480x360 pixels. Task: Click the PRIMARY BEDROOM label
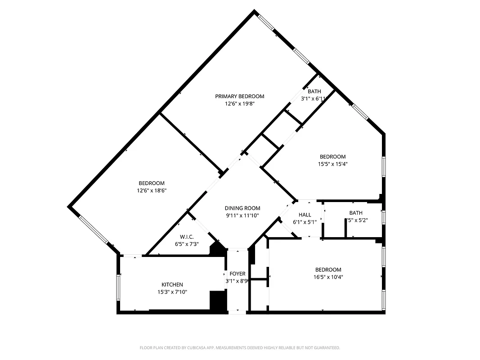tap(239, 96)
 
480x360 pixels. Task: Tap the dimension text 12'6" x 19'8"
tap(239, 103)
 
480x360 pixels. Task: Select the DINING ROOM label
tap(242, 208)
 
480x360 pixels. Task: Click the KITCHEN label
tap(172, 285)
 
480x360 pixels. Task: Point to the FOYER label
tap(238, 274)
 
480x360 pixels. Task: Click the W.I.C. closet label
tap(186, 237)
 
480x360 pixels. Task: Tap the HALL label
tap(305, 215)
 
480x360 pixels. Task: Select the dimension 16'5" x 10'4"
tap(328, 277)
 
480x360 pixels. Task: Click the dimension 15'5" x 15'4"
tap(332, 164)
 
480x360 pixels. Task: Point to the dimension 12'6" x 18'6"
tap(151, 190)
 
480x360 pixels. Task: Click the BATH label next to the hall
tap(355, 213)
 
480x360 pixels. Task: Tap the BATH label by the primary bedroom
tap(314, 91)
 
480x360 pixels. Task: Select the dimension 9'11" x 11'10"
tap(242, 216)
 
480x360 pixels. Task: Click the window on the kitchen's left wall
tap(118, 287)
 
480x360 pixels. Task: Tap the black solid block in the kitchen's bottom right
tap(217, 300)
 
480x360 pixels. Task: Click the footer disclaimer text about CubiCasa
tap(240, 348)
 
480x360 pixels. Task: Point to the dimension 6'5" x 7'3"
tap(186, 244)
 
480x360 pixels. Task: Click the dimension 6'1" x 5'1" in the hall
tap(305, 222)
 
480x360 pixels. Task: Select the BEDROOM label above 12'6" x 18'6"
tap(151, 183)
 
